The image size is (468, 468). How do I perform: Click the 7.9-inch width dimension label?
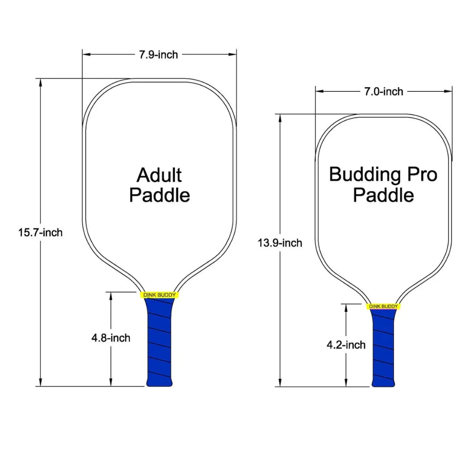coord(158,55)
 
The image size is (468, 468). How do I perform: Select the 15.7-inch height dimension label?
coord(40,232)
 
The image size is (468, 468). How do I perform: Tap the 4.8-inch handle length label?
coord(111,338)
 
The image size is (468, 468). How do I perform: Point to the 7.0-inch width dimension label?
coord(383,91)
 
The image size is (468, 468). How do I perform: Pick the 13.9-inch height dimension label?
coord(280,243)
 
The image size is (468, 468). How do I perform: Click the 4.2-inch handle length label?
coord(346,345)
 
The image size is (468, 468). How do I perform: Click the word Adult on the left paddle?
coord(159,175)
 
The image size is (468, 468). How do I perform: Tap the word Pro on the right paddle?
coord(420,175)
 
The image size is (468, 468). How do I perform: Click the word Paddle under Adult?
coord(159,195)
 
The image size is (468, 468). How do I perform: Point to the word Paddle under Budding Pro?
coord(383,195)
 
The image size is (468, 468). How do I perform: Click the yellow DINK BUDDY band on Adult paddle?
coord(159,295)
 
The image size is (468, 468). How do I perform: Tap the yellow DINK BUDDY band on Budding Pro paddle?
coord(383,306)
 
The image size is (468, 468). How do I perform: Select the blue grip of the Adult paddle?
coord(159,342)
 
